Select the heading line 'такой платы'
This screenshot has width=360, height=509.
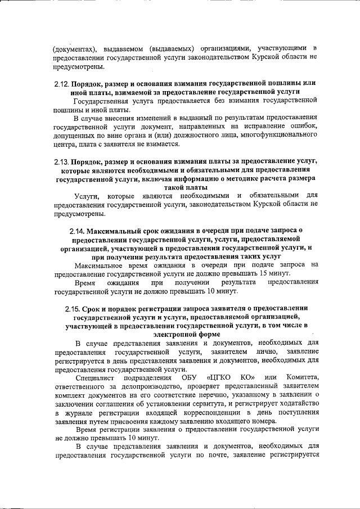[x=186, y=187]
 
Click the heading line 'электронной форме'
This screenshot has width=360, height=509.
[x=186, y=334]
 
